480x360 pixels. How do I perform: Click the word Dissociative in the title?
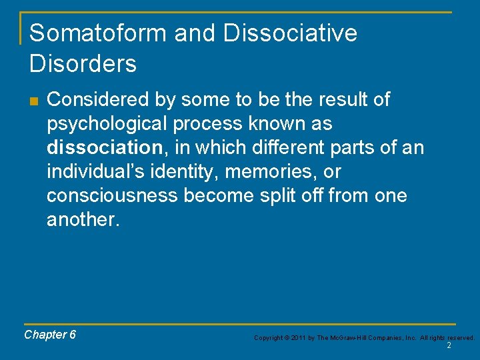pyautogui.click(x=290, y=33)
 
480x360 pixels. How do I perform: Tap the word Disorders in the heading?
pyautogui.click(x=83, y=64)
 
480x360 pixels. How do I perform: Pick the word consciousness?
pyautogui.click(x=112, y=196)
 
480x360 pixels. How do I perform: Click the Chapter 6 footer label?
pyautogui.click(x=50, y=335)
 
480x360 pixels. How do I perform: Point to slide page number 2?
pyautogui.click(x=449, y=346)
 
